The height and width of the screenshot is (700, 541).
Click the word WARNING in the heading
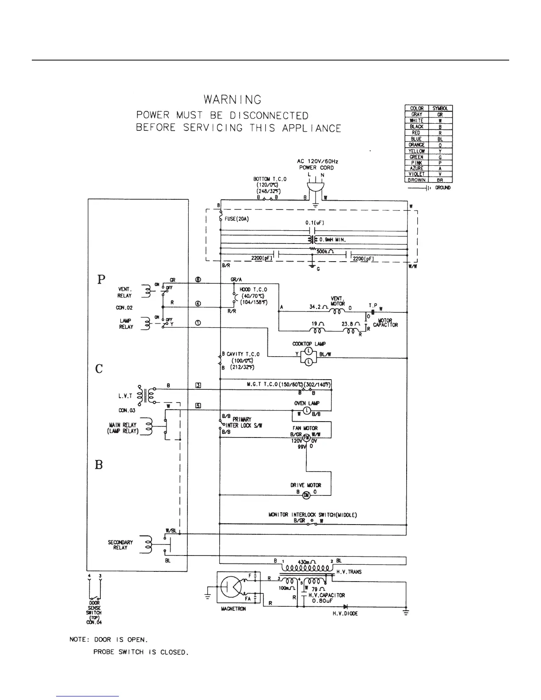click(232, 100)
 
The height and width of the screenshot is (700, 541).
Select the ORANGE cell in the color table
click(416, 145)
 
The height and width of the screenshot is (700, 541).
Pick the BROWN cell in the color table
click(416, 180)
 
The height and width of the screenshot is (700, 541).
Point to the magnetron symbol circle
click(231, 587)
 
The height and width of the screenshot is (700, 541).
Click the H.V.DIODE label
click(345, 614)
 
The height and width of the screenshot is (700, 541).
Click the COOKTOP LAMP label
click(309, 344)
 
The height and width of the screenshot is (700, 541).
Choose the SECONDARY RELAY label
click(120, 545)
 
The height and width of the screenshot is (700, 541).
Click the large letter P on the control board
click(101, 279)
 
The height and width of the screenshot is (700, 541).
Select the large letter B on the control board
click(99, 465)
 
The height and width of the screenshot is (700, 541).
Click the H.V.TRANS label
click(349, 572)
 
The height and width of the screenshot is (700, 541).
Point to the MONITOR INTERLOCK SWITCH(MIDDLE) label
click(312, 515)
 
